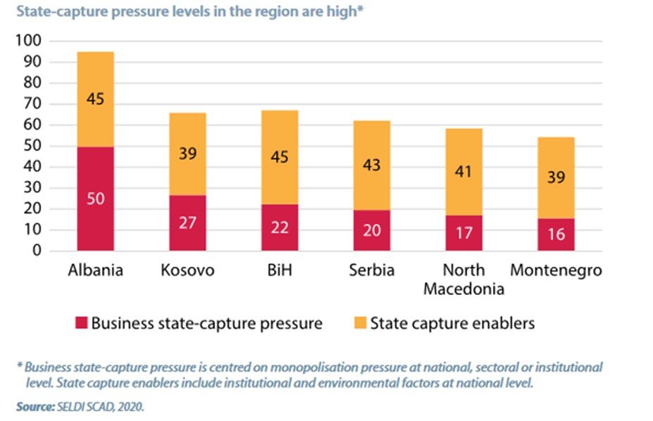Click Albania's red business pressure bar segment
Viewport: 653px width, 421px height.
click(x=95, y=199)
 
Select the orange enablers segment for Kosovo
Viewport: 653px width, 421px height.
click(x=187, y=153)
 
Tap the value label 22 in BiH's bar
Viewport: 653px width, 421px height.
click(x=280, y=228)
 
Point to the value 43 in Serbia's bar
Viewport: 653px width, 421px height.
click(x=372, y=165)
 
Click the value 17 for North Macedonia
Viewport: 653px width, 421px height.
click(x=464, y=232)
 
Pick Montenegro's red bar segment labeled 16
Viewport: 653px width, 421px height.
click(x=556, y=234)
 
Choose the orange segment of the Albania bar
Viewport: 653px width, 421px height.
click(x=95, y=99)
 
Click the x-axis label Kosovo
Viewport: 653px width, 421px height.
click(x=187, y=270)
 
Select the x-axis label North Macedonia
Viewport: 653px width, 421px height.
click(x=464, y=279)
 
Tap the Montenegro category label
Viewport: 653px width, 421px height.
click(x=556, y=270)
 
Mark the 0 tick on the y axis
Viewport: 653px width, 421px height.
click(x=37, y=251)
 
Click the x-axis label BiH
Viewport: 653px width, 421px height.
click(x=280, y=270)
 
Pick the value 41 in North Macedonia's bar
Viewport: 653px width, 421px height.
click(x=464, y=172)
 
